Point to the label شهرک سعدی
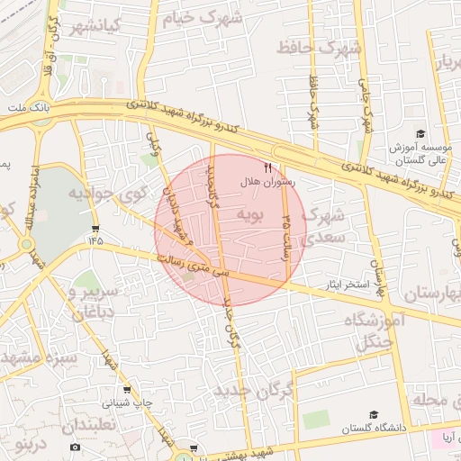point(323,225)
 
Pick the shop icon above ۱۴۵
point(96,229)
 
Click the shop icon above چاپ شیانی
point(126,391)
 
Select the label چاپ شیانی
point(126,403)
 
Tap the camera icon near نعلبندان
point(75,447)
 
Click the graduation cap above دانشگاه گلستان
point(373,415)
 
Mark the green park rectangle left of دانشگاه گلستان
point(316,419)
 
